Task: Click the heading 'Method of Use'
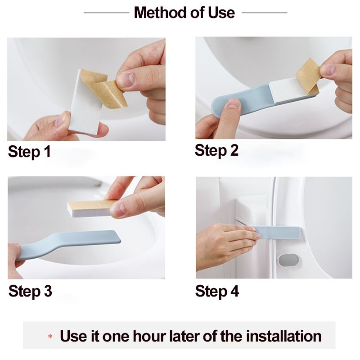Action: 184,13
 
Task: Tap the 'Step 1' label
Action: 29,152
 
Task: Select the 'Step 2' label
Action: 216,151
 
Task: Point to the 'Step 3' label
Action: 30,291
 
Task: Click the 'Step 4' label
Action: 217,291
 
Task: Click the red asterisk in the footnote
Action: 50,337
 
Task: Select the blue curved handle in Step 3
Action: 67,245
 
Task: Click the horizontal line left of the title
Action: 106,13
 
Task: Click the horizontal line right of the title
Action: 264,13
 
